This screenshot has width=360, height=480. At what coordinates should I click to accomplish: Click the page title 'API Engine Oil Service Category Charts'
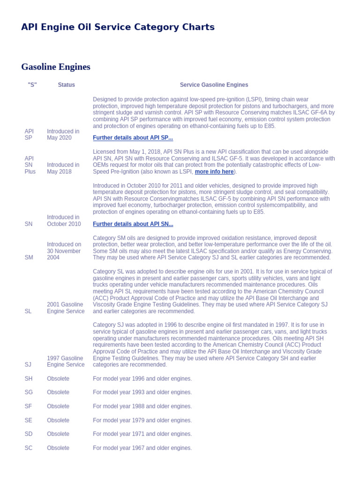click(x=118, y=27)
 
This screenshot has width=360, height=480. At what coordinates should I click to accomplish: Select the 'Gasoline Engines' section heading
click(x=56, y=67)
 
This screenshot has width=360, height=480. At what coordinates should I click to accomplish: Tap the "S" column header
click(x=32, y=85)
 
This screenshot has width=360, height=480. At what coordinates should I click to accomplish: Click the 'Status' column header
click(x=66, y=85)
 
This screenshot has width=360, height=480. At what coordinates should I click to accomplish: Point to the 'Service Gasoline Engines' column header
click(x=214, y=85)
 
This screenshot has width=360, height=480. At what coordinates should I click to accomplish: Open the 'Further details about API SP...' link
click(x=133, y=138)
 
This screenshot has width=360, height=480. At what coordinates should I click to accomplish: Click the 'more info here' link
click(x=214, y=172)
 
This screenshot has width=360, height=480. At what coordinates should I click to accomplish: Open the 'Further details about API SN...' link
click(x=133, y=224)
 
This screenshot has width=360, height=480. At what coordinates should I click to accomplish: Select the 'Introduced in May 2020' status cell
click(x=63, y=135)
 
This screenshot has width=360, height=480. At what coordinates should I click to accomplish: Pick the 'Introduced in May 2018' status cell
click(x=63, y=168)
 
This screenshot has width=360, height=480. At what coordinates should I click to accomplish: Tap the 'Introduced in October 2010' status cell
click(x=64, y=221)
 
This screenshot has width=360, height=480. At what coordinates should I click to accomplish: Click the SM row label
click(x=29, y=257)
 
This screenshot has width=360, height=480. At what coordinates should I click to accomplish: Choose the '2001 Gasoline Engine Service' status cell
click(x=66, y=308)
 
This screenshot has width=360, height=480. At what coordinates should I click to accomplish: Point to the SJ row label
click(x=28, y=365)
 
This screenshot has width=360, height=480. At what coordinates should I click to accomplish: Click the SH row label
click(x=29, y=379)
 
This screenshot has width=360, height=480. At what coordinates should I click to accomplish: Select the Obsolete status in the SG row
click(x=58, y=392)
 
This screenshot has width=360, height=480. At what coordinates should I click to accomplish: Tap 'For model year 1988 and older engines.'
click(x=142, y=406)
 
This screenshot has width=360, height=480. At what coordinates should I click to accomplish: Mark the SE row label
click(x=29, y=420)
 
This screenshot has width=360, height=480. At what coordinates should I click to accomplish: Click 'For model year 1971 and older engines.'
click(x=142, y=434)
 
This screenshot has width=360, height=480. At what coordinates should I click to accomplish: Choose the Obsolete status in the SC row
click(x=58, y=448)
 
